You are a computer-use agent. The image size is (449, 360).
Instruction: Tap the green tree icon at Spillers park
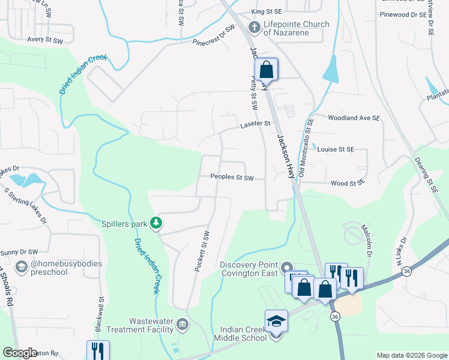coord(157,224)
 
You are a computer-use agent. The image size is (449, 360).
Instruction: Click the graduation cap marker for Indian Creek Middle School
coord(276,320)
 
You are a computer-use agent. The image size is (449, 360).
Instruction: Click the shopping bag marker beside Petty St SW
coord(266,70)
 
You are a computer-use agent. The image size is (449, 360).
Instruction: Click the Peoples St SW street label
coord(232,178)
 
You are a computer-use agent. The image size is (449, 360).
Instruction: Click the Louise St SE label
coord(336,149)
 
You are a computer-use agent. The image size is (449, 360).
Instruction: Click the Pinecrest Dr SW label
coord(214,37)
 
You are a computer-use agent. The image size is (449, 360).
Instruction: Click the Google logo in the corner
coord(20,353)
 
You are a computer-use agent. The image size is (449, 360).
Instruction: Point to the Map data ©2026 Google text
coord(411,355)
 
